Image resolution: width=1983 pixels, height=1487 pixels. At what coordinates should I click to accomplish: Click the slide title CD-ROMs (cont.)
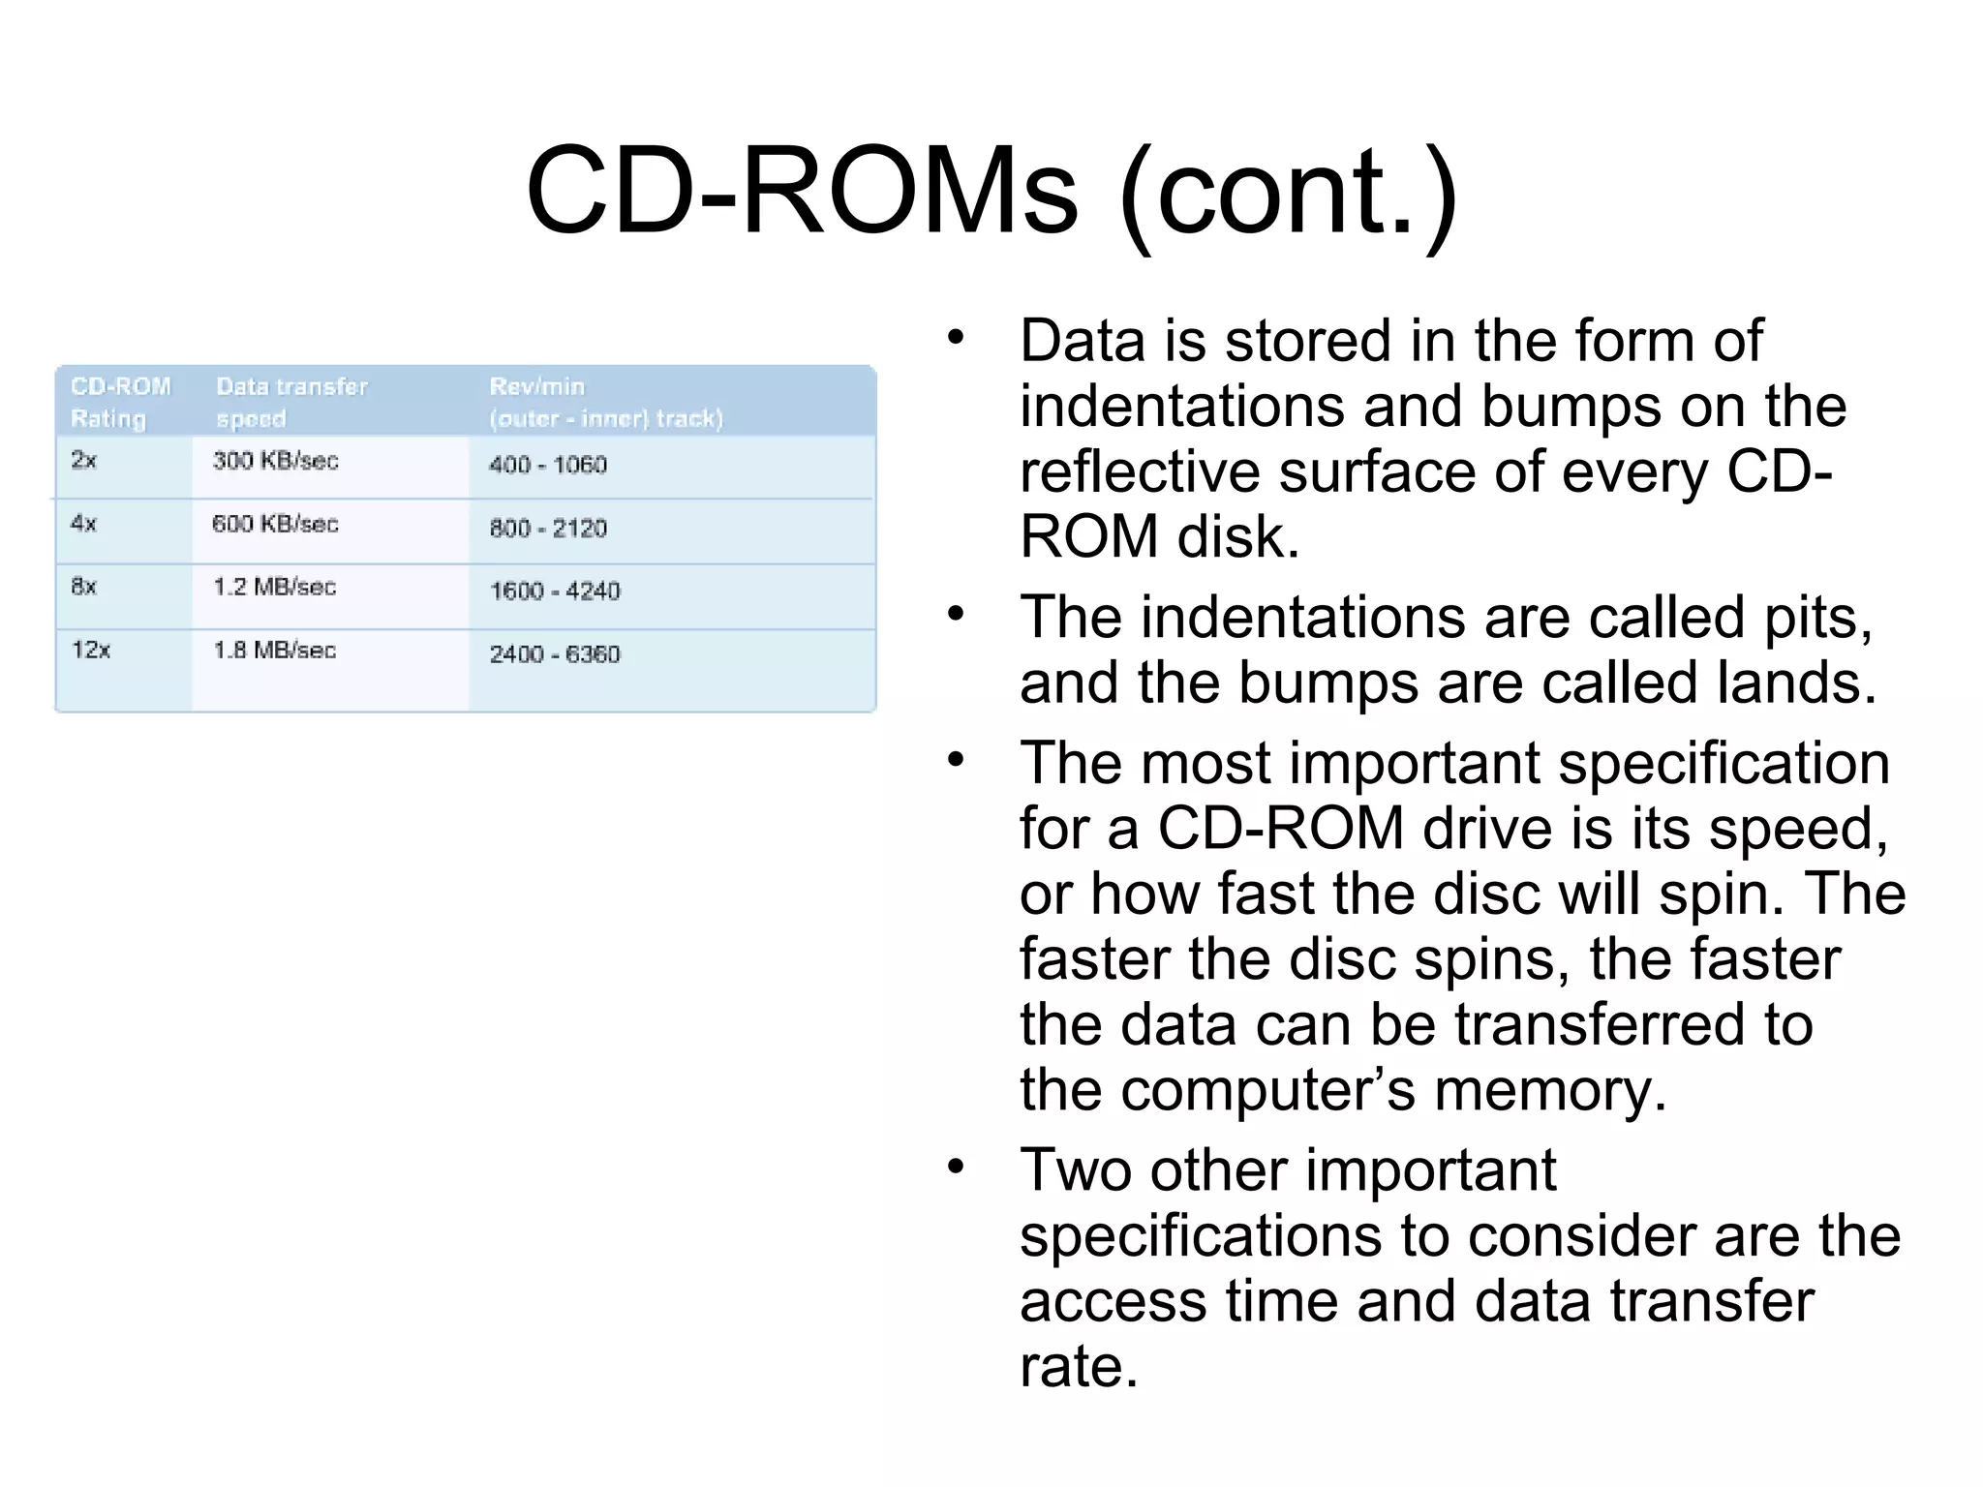click(991, 191)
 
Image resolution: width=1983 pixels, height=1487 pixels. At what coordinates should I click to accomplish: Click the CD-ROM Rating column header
click(120, 402)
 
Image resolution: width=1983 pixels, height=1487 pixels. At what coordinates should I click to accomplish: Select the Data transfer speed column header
click(291, 402)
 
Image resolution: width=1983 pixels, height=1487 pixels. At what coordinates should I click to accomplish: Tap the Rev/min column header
click(605, 402)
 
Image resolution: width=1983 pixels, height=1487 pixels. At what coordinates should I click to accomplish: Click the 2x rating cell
click(84, 460)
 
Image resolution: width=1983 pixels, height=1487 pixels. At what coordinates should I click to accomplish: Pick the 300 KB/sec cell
click(275, 461)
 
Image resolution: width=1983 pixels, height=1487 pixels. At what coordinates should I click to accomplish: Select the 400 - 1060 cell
click(547, 465)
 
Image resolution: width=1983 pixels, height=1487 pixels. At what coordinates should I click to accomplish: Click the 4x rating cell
click(84, 524)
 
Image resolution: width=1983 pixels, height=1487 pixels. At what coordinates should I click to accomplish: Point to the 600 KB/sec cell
click(275, 525)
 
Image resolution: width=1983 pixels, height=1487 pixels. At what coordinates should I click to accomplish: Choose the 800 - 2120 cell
click(547, 529)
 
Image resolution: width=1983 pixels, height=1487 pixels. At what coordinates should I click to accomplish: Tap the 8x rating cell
click(84, 587)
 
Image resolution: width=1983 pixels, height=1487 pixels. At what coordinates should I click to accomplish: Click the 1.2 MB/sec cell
click(274, 588)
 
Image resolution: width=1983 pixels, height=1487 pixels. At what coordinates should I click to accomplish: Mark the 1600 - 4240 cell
click(554, 592)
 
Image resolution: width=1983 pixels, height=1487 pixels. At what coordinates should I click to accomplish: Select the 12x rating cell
click(91, 650)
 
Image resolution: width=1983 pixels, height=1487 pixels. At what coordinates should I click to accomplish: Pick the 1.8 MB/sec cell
click(274, 651)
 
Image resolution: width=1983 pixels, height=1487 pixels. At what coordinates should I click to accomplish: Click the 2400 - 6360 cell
click(554, 654)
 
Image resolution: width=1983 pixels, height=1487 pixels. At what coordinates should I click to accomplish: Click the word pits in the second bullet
click(1816, 619)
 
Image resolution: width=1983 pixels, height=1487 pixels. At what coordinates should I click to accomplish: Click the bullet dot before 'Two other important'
click(957, 1168)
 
